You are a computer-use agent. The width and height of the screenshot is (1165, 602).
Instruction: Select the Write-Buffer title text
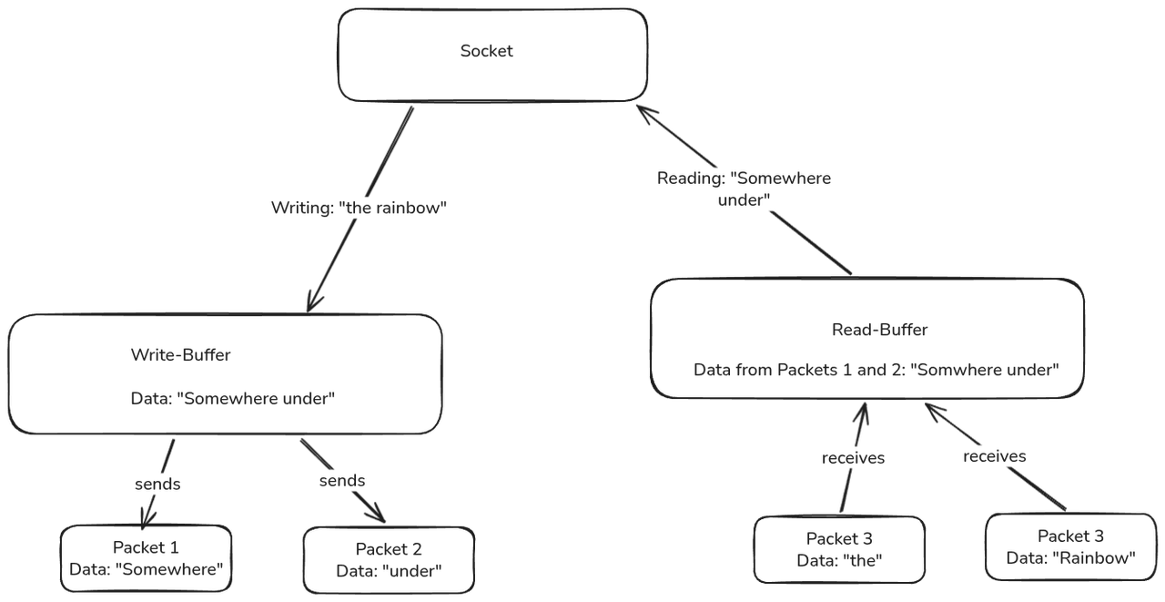(x=180, y=355)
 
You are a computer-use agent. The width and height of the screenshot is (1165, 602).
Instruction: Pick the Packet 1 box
(x=146, y=558)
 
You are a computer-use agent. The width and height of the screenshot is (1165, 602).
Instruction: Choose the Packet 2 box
(x=389, y=559)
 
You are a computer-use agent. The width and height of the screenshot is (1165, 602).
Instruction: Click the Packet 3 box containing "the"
(x=839, y=549)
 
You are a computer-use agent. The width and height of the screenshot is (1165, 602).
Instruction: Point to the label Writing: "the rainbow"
(x=360, y=209)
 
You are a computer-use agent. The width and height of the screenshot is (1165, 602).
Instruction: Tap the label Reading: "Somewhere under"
(x=744, y=189)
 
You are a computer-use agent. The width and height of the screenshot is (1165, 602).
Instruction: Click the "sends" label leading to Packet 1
(x=157, y=484)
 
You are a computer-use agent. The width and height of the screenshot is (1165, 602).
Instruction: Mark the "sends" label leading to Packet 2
(x=341, y=480)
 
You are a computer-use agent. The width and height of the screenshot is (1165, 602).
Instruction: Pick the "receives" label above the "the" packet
(x=852, y=457)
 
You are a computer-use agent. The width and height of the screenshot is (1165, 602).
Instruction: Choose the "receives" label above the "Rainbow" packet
(x=994, y=455)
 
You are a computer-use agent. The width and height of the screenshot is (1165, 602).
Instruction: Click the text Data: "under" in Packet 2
(x=389, y=571)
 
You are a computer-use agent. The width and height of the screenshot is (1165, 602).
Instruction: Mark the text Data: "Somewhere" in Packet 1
(x=146, y=570)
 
